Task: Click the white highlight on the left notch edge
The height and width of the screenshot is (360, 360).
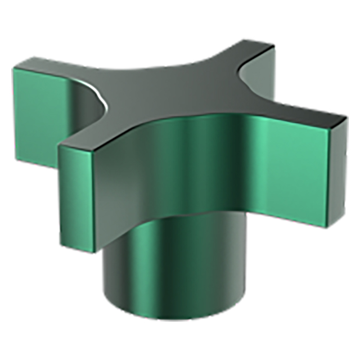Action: click(x=101, y=101)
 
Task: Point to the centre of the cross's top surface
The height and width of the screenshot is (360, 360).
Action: click(x=169, y=96)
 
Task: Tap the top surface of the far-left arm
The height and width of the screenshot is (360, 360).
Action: click(x=62, y=70)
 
